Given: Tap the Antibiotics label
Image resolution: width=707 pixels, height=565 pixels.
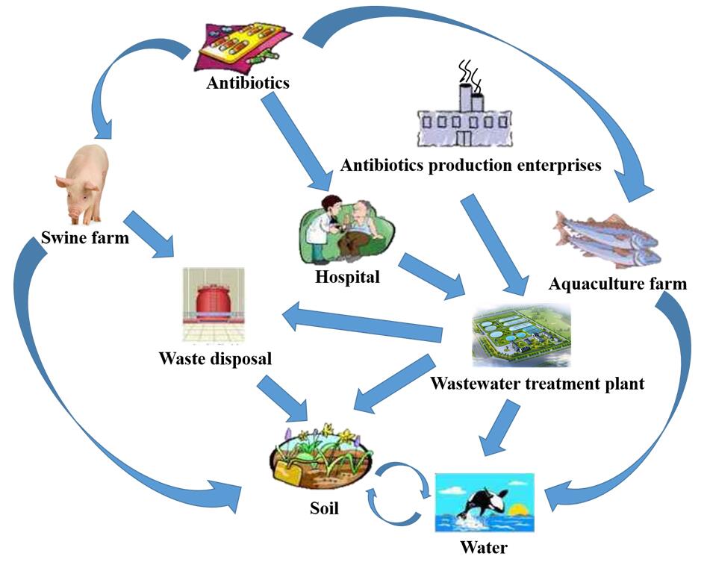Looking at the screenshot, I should (x=248, y=83).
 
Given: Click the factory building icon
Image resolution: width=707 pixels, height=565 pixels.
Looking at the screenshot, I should (x=466, y=115).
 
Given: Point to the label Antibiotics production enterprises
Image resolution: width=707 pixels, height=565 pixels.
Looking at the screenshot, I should (x=470, y=165).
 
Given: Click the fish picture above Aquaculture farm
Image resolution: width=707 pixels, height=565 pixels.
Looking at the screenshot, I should (x=606, y=239).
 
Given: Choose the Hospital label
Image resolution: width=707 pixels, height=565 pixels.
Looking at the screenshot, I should (x=346, y=278).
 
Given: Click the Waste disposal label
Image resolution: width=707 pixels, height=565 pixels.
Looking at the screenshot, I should (x=215, y=359).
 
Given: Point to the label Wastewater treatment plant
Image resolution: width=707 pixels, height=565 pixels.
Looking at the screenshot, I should (x=538, y=384).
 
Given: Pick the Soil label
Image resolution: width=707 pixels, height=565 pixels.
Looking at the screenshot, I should (x=324, y=509).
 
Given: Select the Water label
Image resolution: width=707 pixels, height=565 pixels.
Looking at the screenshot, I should (x=484, y=548).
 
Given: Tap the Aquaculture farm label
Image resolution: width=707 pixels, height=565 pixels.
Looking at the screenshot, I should (x=617, y=284).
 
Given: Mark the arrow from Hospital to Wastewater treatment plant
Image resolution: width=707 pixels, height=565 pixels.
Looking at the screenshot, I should (x=429, y=277).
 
